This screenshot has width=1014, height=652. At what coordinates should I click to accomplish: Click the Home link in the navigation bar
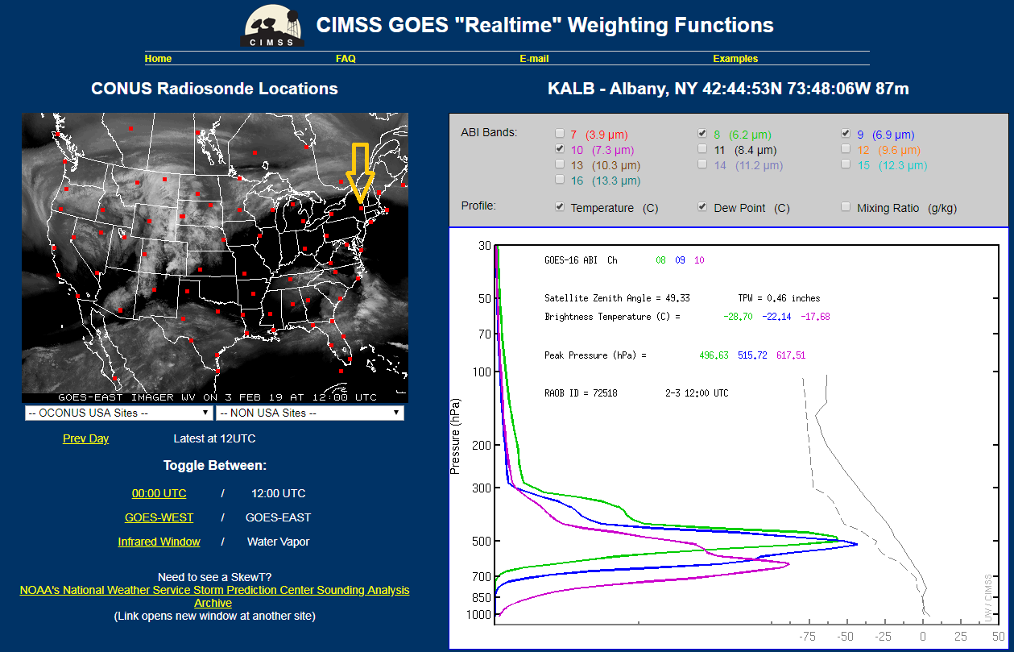tap(158, 59)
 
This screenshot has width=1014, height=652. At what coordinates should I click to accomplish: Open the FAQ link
tap(346, 59)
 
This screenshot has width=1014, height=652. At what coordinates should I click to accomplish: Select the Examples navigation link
tap(735, 59)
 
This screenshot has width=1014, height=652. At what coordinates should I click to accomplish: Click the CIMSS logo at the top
tap(272, 25)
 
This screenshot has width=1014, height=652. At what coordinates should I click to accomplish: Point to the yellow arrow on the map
tap(360, 173)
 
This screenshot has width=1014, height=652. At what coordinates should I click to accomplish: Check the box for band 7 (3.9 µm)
tap(560, 133)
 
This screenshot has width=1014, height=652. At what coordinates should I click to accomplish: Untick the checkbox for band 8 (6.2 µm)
tap(702, 133)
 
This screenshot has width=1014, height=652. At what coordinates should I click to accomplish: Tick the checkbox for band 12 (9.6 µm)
tap(846, 148)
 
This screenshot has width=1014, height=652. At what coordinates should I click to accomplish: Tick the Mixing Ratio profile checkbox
tap(846, 206)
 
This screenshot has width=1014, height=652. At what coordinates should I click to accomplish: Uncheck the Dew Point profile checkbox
tap(702, 206)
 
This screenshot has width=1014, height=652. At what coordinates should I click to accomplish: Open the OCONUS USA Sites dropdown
tap(118, 413)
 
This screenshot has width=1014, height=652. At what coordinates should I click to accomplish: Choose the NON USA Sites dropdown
tap(309, 413)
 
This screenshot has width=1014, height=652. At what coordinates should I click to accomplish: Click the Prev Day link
tap(85, 438)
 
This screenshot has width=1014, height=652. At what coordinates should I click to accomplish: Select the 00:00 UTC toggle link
tap(159, 493)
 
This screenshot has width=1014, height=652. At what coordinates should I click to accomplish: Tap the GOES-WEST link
tap(159, 517)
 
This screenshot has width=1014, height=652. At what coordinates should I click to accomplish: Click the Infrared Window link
tap(159, 542)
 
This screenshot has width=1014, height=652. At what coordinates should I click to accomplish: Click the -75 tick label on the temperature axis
tap(807, 637)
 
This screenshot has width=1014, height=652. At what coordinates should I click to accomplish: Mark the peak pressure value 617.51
tap(791, 355)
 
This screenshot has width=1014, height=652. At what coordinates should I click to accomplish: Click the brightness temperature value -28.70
tap(738, 317)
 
